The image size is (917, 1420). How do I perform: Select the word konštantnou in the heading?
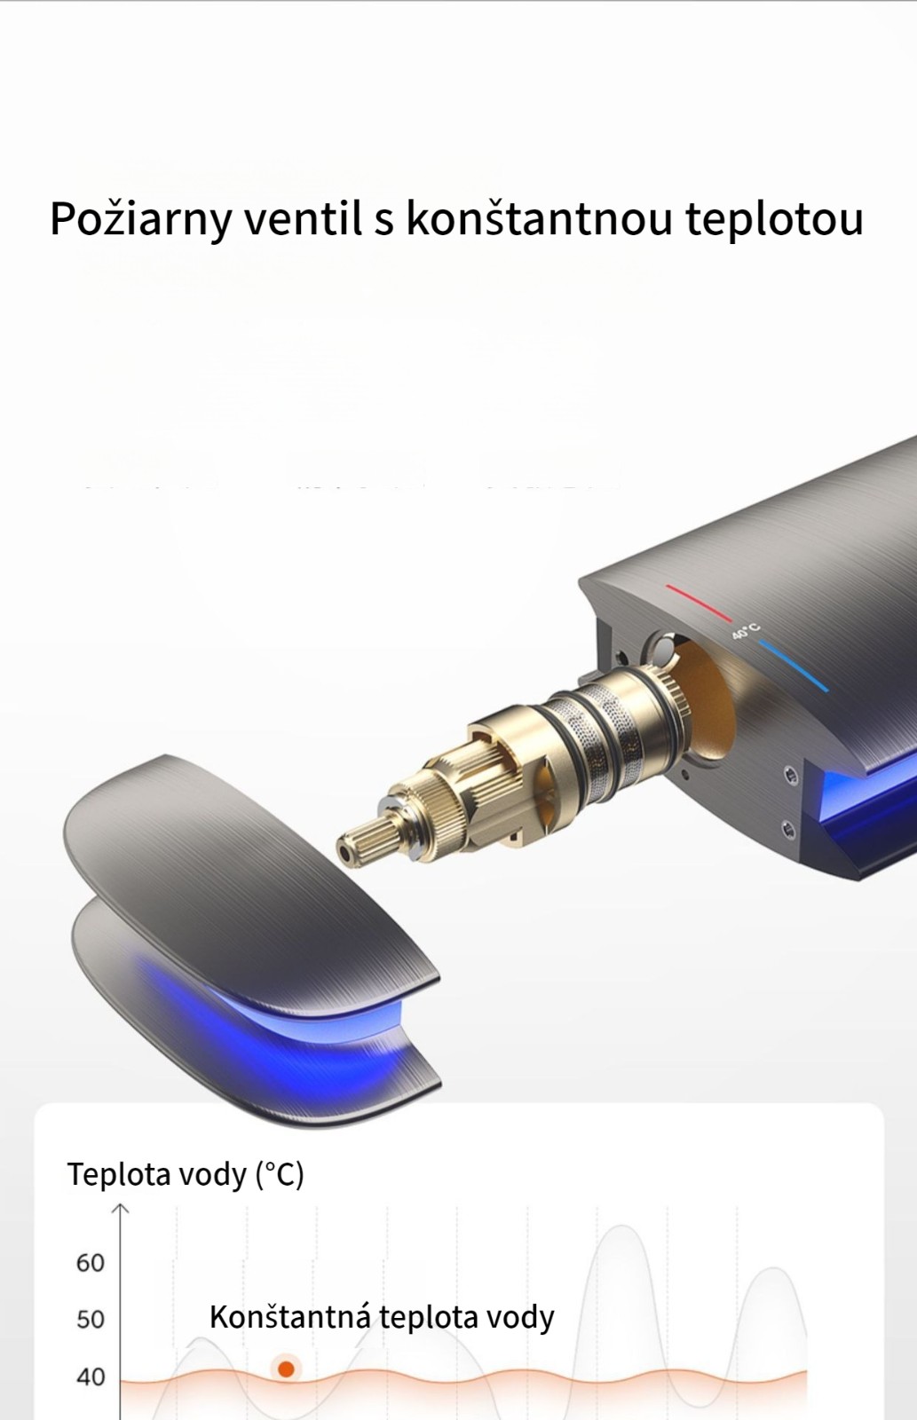(x=538, y=218)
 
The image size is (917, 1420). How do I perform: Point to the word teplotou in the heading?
(x=774, y=219)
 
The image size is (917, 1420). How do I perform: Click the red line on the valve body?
(x=699, y=603)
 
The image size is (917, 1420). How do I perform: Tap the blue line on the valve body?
(x=794, y=666)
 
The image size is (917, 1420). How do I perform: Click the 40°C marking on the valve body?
(x=746, y=632)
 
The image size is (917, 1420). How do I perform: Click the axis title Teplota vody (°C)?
(x=186, y=1175)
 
